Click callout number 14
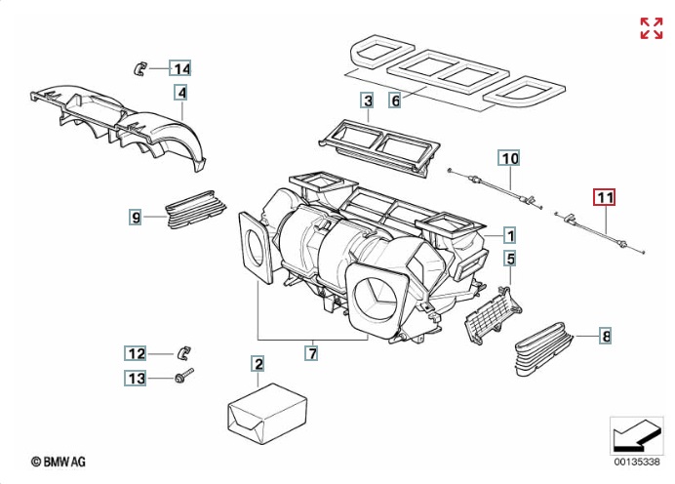pyautogui.click(x=180, y=68)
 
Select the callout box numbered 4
pyautogui.click(x=180, y=94)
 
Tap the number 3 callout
pyautogui.click(x=367, y=101)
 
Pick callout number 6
pyautogui.click(x=395, y=101)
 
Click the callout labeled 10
pyautogui.click(x=510, y=157)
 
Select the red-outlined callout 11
pyautogui.click(x=606, y=198)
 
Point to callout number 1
pyautogui.click(x=509, y=235)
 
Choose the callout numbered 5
pyautogui.click(x=509, y=259)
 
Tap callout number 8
pyautogui.click(x=606, y=338)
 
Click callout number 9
pyautogui.click(x=136, y=216)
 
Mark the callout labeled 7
pyautogui.click(x=312, y=352)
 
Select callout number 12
pyautogui.click(x=135, y=353)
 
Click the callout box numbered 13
pyautogui.click(x=135, y=378)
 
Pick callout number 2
pyautogui.click(x=258, y=365)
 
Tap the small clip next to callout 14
pyautogui.click(x=139, y=67)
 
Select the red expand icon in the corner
pyautogui.click(x=651, y=28)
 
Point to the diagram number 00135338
pyautogui.click(x=636, y=461)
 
